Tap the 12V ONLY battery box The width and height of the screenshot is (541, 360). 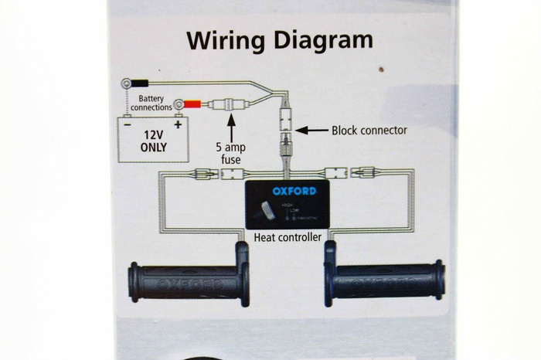pos(153,139)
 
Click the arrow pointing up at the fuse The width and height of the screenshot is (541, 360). pos(230,123)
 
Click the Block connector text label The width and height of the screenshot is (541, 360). pos(369,131)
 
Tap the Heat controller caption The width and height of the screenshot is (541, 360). pos(288,238)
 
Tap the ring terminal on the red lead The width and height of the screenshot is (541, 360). pos(179,102)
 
